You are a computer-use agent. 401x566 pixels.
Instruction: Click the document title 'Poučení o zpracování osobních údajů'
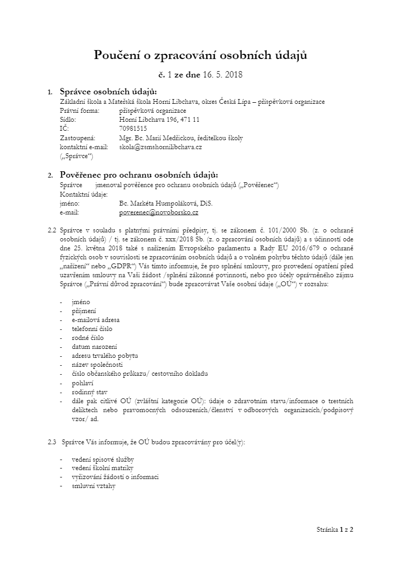coord(200,55)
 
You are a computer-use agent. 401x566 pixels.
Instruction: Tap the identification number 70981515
coord(133,129)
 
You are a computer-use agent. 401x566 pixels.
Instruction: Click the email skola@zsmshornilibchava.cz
coord(160,147)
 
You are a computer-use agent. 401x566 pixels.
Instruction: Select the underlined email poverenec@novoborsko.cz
coord(159,212)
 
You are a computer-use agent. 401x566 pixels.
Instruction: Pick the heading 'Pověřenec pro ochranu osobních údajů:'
coord(139,174)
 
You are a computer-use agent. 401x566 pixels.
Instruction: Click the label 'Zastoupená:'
coord(77,138)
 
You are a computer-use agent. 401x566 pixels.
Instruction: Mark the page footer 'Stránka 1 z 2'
coord(335,529)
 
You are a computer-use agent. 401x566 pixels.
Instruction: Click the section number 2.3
coord(52,442)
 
